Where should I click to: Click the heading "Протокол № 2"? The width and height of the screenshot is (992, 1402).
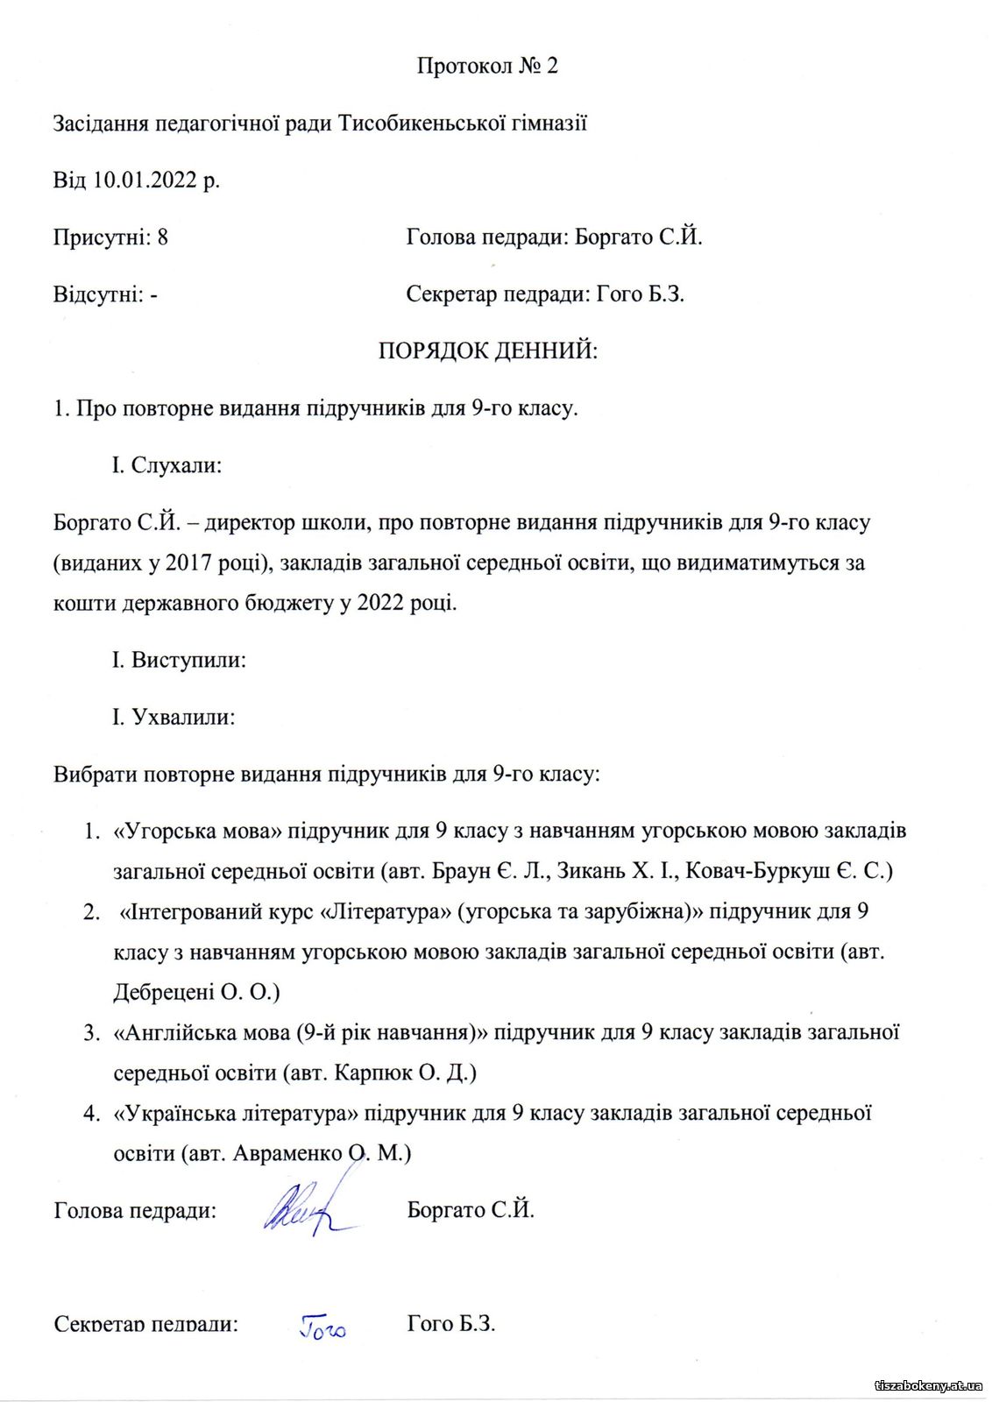[487, 67]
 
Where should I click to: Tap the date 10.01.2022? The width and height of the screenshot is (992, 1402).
[145, 181]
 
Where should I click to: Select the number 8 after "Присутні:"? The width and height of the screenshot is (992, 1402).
[162, 237]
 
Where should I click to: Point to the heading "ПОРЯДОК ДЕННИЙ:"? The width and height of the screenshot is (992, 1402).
[487, 351]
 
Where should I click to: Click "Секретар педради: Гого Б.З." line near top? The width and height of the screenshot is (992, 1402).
[545, 294]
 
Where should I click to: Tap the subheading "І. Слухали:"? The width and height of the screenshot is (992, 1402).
[167, 465]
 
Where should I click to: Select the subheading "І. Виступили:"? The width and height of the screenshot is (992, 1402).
[179, 660]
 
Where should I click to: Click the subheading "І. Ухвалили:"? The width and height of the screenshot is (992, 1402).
[174, 717]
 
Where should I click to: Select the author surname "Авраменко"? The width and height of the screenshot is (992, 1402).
[287, 1153]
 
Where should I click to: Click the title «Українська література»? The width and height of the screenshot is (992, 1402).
[237, 1114]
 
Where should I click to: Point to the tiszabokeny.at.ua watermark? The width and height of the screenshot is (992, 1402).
[928, 1385]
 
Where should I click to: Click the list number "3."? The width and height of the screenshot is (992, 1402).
[92, 1033]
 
